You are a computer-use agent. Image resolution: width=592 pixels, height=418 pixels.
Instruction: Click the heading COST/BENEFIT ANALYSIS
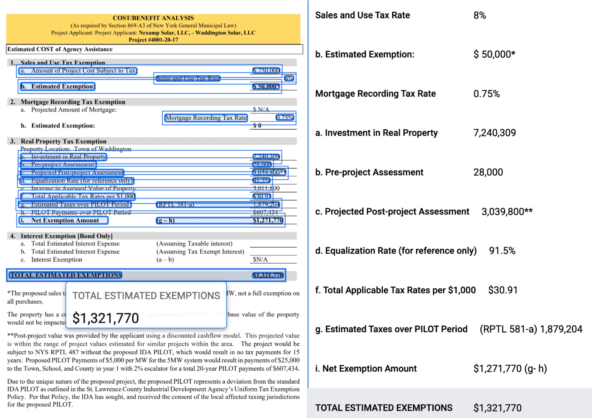pyautogui.click(x=153, y=18)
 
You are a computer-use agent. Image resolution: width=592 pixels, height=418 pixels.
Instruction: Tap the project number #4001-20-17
pyautogui.click(x=153, y=40)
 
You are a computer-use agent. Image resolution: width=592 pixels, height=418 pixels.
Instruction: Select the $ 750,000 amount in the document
pyautogui.click(x=266, y=70)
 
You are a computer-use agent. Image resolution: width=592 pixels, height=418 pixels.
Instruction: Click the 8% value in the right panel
pyautogui.click(x=480, y=16)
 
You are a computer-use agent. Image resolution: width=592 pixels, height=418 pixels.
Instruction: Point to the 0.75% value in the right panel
pyautogui.click(x=486, y=94)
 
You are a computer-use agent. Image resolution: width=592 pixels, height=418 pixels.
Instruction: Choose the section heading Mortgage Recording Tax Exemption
pyautogui.click(x=73, y=102)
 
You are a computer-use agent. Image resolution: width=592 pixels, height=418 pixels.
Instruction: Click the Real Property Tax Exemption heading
pyautogui.click(x=63, y=141)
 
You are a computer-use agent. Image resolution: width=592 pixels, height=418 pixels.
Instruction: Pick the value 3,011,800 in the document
pyautogui.click(x=266, y=188)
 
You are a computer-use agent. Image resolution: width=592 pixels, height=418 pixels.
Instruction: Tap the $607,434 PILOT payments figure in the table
pyautogui.click(x=265, y=212)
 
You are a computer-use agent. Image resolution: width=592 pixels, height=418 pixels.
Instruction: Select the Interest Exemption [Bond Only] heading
pyautogui.click(x=67, y=236)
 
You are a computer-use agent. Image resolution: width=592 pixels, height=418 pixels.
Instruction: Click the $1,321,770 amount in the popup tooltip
pyautogui.click(x=106, y=318)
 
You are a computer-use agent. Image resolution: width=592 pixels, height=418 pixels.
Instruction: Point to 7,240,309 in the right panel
pyautogui.click(x=495, y=133)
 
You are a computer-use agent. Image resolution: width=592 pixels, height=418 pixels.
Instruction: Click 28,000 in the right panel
pyautogui.click(x=488, y=172)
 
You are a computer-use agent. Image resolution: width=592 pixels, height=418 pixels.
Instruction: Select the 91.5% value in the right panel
pyautogui.click(x=502, y=251)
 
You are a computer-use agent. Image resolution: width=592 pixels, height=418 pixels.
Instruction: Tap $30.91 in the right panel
pyautogui.click(x=503, y=290)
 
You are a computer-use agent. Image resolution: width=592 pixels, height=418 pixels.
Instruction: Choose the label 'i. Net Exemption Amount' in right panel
pyautogui.click(x=366, y=369)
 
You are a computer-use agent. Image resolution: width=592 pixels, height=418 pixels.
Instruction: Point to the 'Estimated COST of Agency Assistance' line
pyautogui.click(x=60, y=49)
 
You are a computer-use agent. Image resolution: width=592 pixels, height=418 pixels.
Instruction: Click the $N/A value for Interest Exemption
pyautogui.click(x=260, y=259)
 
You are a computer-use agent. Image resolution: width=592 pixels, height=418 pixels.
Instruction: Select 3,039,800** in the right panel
pyautogui.click(x=507, y=212)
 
